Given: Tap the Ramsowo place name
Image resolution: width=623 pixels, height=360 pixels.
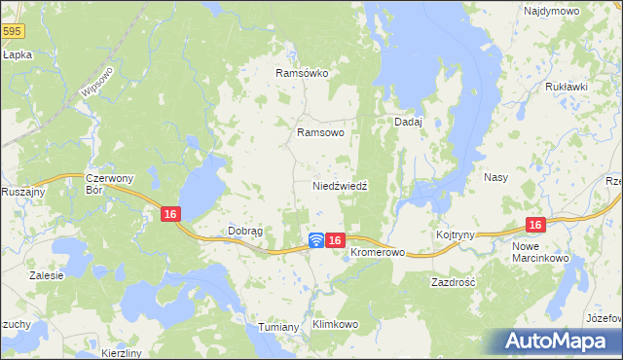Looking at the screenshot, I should pos(320,132).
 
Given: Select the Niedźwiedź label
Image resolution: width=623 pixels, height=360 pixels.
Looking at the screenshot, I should pos(339,185).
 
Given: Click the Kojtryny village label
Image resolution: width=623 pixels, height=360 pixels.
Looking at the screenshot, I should pos(456,234).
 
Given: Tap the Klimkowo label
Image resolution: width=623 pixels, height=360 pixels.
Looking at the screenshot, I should pos(336,324).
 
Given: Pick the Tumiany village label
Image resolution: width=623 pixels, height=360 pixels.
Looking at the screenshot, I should pos(278,327).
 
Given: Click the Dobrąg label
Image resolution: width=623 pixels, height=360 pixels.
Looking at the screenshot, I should pos(245,231).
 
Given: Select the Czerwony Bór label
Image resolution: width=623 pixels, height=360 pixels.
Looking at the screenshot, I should pos(108,184).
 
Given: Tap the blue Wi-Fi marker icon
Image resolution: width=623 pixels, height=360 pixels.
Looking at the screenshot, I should pos(316,240).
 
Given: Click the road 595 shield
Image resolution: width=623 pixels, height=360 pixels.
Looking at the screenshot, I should pos(11,32).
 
